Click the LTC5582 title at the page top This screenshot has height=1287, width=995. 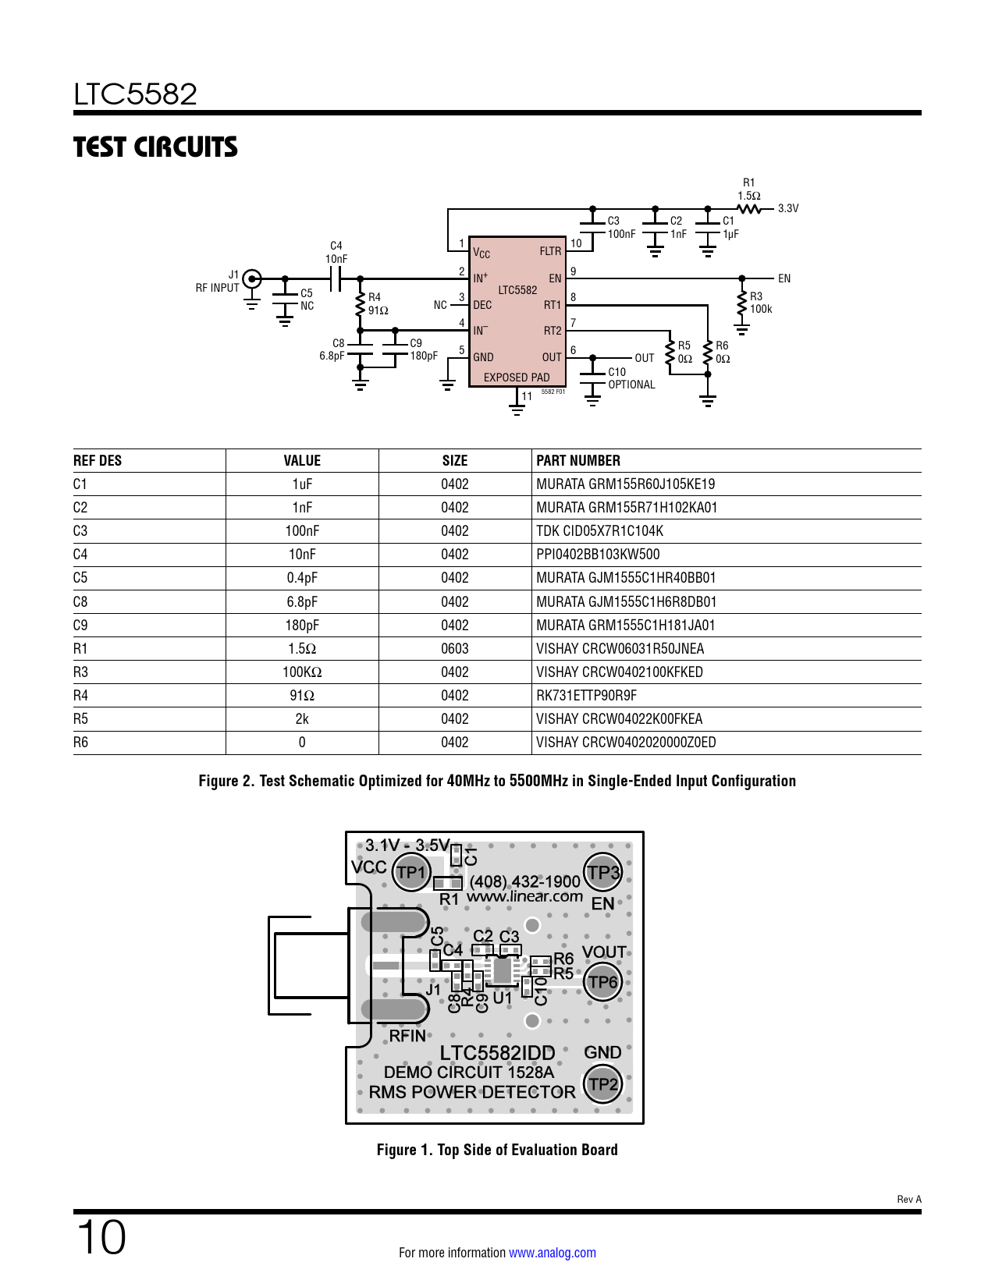click(136, 94)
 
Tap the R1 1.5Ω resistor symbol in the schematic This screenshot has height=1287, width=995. click(749, 209)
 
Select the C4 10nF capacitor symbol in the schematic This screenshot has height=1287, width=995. click(336, 278)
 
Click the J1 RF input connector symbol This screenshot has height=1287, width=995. click(251, 278)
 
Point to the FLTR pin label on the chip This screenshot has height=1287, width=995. click(550, 251)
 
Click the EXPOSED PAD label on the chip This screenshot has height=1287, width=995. click(516, 378)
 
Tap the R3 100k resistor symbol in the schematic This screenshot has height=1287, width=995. click(741, 303)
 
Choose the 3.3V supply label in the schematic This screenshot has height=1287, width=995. click(788, 208)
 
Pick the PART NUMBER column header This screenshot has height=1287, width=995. click(578, 461)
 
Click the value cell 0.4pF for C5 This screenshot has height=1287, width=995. click(302, 578)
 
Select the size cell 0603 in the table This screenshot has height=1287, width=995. click(455, 649)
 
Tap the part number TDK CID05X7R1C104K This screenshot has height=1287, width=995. click(599, 531)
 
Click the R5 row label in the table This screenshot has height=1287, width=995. click(81, 719)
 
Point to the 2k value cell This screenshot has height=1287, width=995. click(302, 719)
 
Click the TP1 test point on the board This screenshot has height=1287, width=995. click(410, 872)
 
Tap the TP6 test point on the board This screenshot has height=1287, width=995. click(602, 982)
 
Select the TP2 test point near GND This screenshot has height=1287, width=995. click(602, 1084)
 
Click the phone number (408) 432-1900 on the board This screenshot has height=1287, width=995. click(525, 881)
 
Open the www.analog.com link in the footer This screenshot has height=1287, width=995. click(553, 1253)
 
